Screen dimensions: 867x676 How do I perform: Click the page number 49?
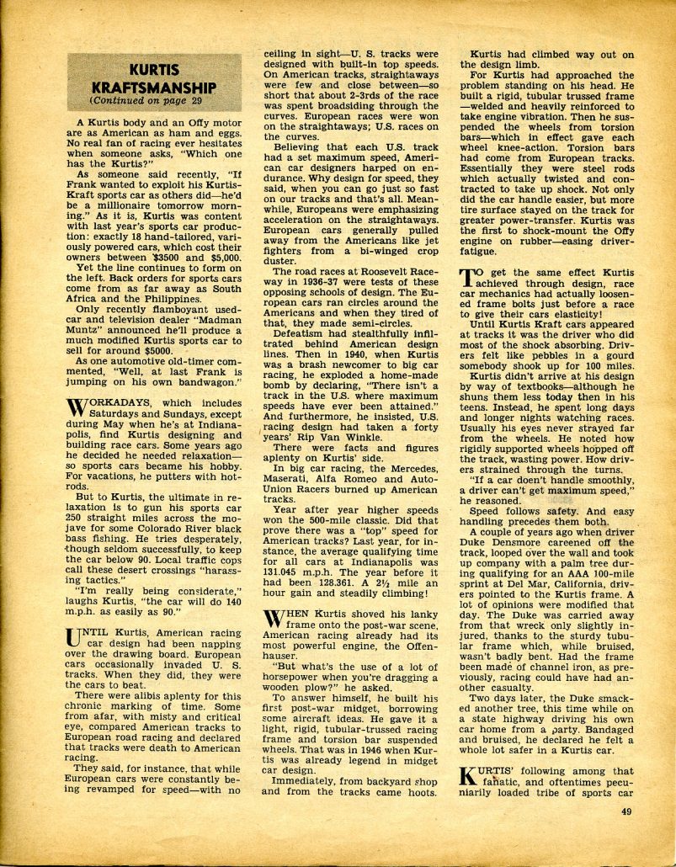[x=626, y=811]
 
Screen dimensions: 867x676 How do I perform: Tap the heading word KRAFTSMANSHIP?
[x=157, y=88]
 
